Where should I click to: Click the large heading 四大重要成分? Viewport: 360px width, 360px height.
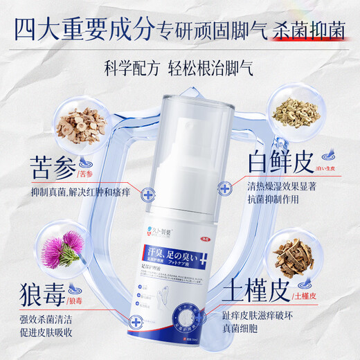click(78, 29)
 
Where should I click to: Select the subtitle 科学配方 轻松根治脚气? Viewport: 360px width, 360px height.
click(179, 67)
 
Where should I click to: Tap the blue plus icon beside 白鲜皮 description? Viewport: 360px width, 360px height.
click(225, 188)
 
